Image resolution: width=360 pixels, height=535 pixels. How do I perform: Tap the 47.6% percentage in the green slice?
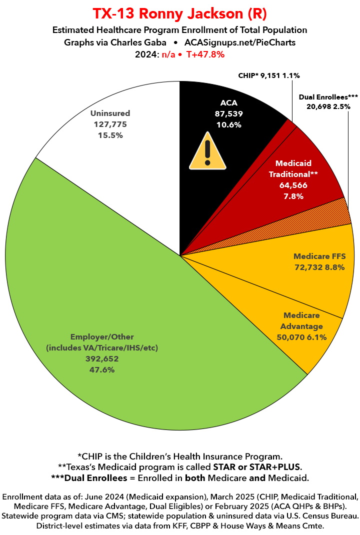click(102, 370)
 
